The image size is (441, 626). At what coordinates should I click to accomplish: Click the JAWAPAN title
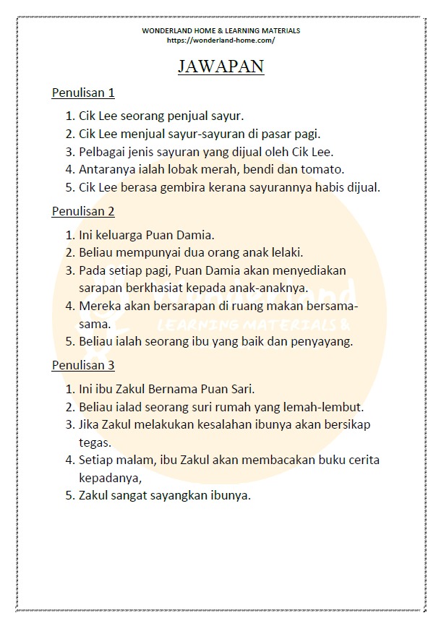220,67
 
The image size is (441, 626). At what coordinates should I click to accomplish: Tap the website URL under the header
220,40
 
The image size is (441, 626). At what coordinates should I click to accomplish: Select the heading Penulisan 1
83,93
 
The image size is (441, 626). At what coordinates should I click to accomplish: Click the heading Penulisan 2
83,211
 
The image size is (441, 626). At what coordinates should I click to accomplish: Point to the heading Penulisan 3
83,365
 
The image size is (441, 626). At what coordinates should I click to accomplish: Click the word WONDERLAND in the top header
166,31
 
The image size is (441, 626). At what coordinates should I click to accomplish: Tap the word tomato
324,170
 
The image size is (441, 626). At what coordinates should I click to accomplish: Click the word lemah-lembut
327,407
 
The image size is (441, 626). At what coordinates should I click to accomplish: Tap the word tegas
94,442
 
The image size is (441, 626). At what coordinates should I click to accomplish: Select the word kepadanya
109,478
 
